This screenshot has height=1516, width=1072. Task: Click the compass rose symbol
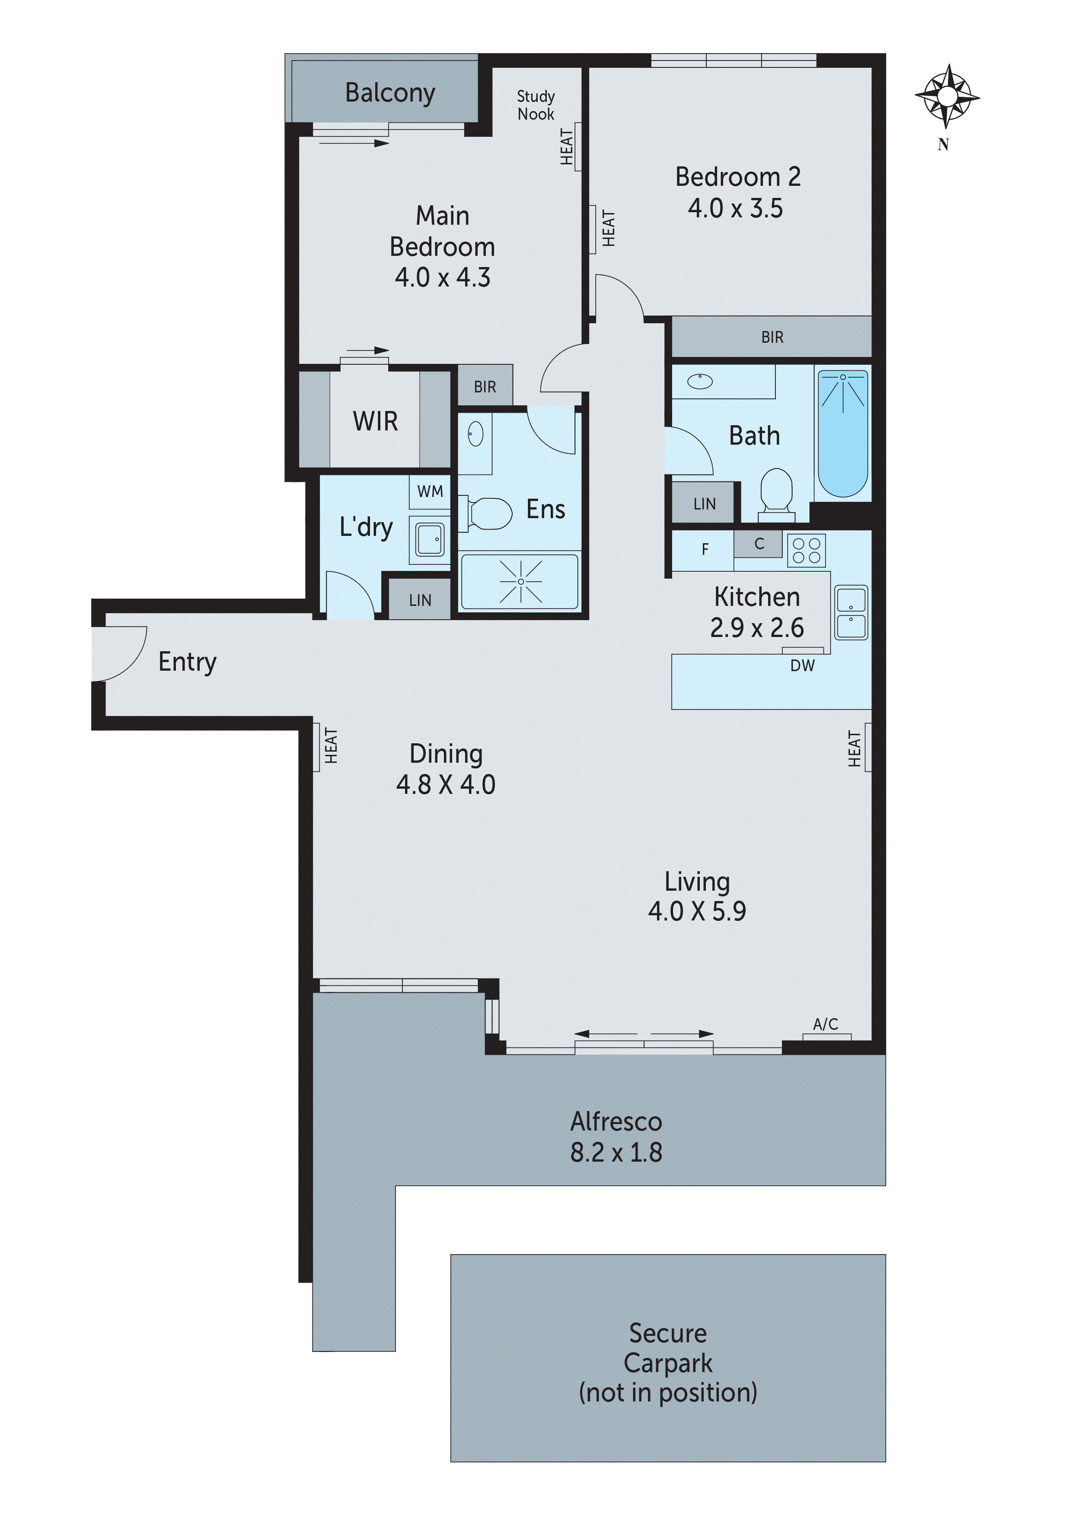click(947, 96)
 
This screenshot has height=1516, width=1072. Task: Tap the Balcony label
click(390, 93)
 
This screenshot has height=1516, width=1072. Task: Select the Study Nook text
click(536, 105)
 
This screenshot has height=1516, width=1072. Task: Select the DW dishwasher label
click(803, 666)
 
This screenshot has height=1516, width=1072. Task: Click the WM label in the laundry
click(430, 491)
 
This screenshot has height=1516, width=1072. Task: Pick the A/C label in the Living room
click(825, 1024)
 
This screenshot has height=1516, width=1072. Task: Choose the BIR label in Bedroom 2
click(772, 338)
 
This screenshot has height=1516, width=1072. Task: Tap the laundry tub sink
click(430, 539)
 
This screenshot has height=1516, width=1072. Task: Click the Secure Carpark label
click(668, 1348)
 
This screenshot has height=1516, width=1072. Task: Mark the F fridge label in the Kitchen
click(705, 549)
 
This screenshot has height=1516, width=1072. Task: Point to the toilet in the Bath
click(776, 490)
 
